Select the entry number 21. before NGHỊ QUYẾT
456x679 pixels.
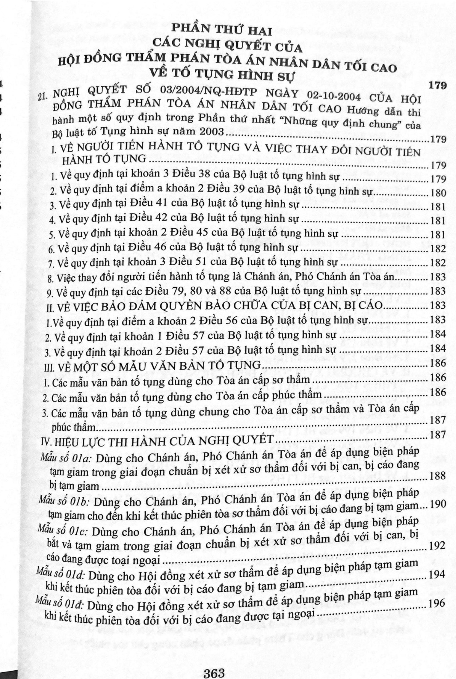(43, 97)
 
